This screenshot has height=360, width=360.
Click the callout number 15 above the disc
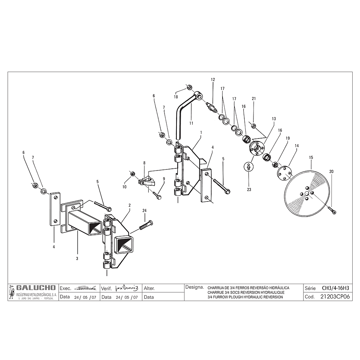click(310, 157)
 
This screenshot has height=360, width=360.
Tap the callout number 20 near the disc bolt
click(331, 172)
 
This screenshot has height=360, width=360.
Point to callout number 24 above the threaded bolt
click(144, 210)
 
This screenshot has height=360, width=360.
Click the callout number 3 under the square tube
click(77, 258)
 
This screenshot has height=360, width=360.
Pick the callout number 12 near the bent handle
click(213, 80)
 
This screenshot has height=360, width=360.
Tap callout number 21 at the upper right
click(253, 98)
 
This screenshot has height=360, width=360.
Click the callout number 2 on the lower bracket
click(130, 205)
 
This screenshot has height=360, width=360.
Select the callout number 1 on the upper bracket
click(200, 133)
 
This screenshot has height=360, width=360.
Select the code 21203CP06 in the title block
click(335, 297)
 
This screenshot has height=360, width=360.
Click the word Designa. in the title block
click(194, 287)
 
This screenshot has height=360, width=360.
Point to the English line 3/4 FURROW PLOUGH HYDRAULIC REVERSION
click(245, 297)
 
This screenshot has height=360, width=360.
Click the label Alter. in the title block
click(149, 288)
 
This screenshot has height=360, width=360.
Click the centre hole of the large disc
click(307, 193)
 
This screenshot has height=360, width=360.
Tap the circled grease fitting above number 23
click(249, 167)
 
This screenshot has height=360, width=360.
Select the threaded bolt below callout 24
click(146, 225)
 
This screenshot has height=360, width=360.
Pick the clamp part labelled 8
click(146, 181)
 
